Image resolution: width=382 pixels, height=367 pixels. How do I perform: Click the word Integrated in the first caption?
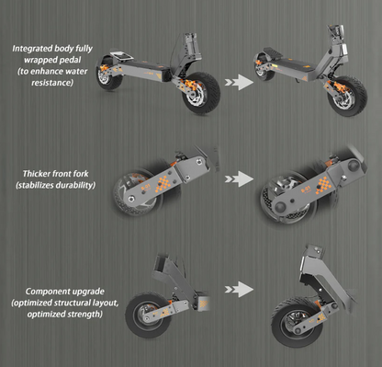29,47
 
